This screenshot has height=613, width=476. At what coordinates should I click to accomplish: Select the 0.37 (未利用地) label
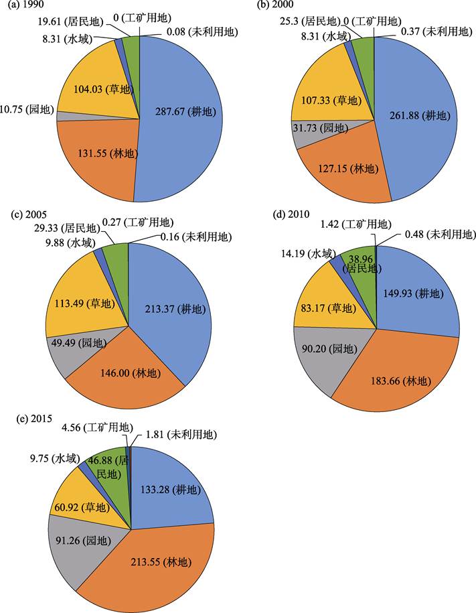438,31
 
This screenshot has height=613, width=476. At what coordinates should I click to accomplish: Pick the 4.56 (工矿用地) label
96,427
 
